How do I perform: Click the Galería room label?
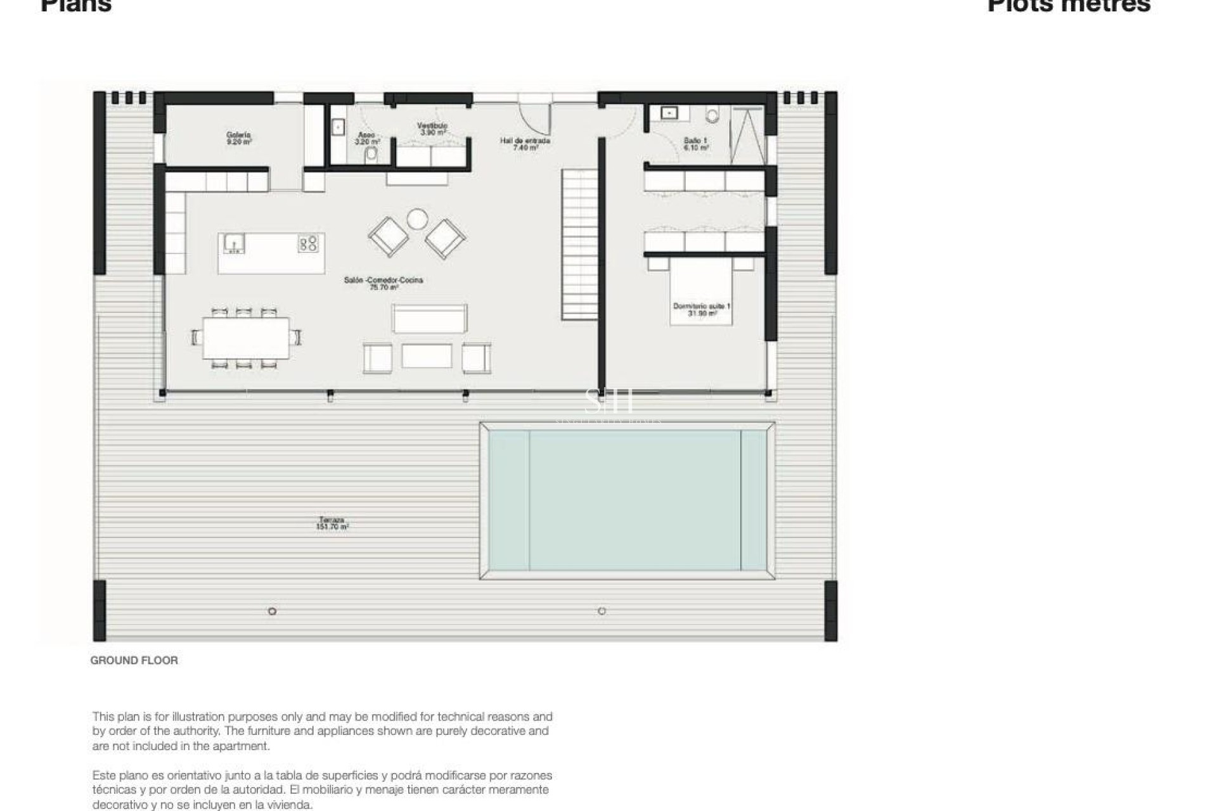[x=239, y=138]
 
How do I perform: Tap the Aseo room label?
[x=366, y=138]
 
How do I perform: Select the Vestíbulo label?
[x=432, y=129]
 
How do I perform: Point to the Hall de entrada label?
[x=525, y=143]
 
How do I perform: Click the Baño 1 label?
[x=695, y=143]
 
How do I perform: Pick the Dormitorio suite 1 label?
[x=701, y=309]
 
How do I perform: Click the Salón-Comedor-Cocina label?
[x=383, y=283]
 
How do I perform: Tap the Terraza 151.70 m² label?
[x=332, y=523]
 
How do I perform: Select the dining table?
[x=246, y=338]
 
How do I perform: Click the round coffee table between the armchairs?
[x=418, y=219]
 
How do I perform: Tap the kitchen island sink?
[x=235, y=243]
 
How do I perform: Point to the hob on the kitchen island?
[x=309, y=243]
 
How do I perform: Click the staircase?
[x=580, y=244]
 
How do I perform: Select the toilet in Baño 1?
[x=713, y=115]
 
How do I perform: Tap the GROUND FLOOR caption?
[x=134, y=660]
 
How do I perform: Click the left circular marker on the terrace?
[x=272, y=611]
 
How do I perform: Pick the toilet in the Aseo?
[x=371, y=154]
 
